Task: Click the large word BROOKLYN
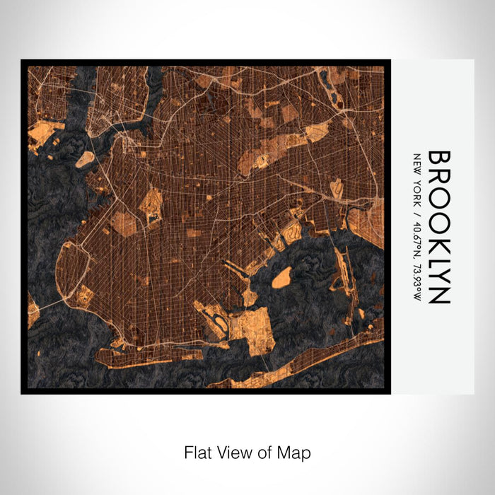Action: tap(439, 227)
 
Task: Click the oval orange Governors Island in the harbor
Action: tap(85, 159)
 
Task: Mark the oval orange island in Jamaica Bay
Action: tap(281, 277)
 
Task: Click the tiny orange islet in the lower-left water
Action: tap(32, 315)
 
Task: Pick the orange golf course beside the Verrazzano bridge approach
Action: tap(83, 296)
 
